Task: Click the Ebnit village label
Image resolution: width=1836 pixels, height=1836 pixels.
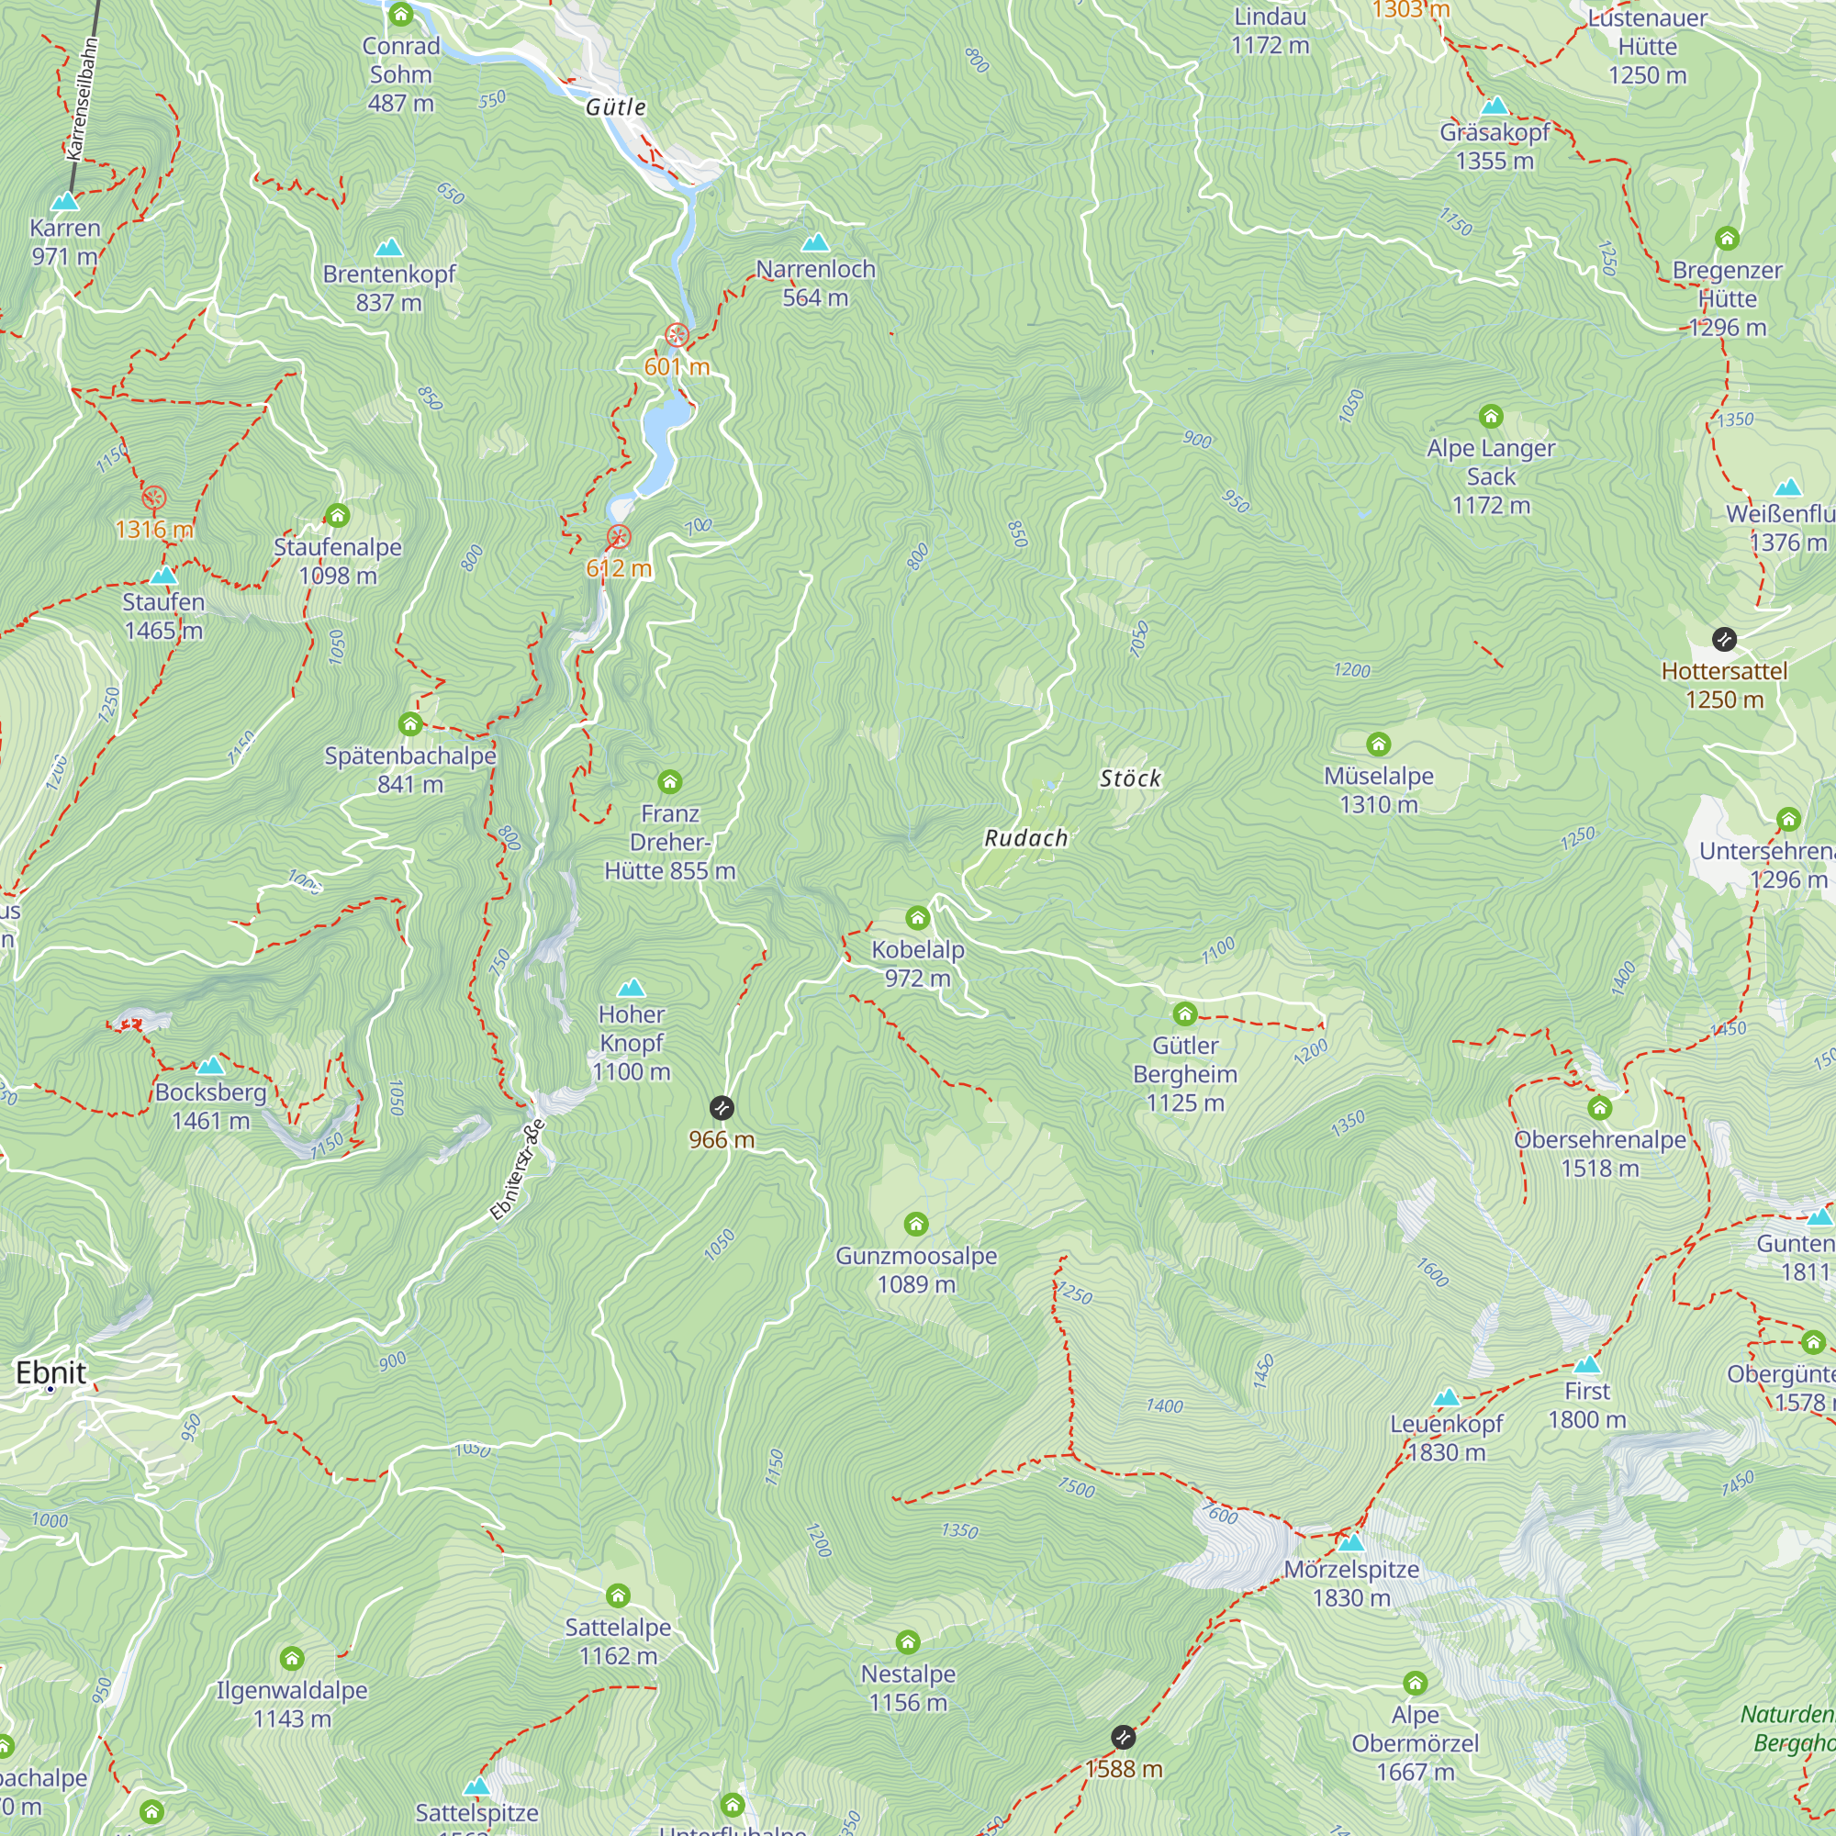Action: (x=51, y=1372)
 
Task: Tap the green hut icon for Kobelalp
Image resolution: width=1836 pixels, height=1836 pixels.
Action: (x=917, y=918)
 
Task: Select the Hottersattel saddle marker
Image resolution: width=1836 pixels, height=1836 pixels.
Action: (x=1724, y=639)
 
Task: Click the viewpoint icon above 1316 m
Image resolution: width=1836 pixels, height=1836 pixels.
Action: (x=154, y=498)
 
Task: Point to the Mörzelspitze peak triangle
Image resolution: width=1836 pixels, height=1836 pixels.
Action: (x=1350, y=1541)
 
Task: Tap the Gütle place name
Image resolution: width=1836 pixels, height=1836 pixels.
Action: (x=616, y=106)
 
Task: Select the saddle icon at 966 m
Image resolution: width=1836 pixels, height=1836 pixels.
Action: (x=722, y=1108)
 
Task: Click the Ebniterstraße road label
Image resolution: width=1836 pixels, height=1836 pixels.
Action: (x=518, y=1170)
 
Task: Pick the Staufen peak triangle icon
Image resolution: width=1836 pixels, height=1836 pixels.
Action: (x=163, y=575)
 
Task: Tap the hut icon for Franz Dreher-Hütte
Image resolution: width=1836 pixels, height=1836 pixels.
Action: (x=670, y=782)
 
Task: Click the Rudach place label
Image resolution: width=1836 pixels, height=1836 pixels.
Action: (x=1025, y=838)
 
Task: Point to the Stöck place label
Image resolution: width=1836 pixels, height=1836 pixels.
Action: (x=1130, y=778)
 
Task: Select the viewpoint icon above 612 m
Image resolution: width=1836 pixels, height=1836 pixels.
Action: (x=619, y=537)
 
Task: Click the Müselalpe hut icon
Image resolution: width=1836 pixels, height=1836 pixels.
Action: (x=1378, y=744)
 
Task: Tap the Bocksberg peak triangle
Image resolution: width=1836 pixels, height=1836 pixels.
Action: (x=210, y=1065)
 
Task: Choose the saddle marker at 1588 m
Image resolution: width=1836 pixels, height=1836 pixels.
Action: (x=1124, y=1737)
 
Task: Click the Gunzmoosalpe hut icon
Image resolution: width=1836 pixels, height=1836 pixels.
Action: (x=916, y=1224)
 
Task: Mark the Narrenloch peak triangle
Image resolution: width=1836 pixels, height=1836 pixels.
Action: (x=815, y=242)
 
